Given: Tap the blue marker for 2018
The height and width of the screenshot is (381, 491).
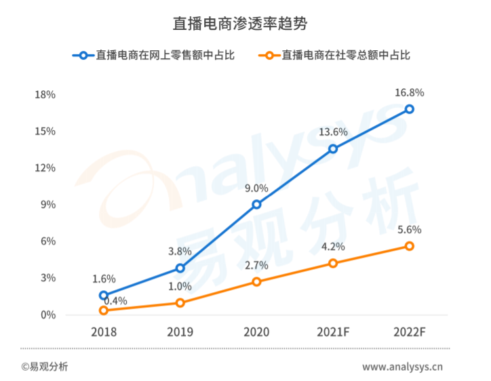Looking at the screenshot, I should click(104, 296).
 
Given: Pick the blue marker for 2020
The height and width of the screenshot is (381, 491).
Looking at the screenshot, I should click(256, 205).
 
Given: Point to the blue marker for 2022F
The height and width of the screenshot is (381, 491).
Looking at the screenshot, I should click(410, 109).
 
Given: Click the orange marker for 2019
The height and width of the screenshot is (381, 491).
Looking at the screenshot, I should click(180, 303).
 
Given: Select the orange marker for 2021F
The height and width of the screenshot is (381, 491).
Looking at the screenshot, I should click(333, 263).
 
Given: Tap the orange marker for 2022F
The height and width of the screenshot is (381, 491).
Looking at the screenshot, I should click(410, 246).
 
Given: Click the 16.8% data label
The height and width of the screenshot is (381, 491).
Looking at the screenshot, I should click(410, 92).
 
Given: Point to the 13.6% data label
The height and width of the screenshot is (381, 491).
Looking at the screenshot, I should click(333, 132).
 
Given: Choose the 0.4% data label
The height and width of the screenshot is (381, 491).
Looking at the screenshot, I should click(115, 300).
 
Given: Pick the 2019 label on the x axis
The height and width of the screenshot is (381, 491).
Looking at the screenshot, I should click(180, 332).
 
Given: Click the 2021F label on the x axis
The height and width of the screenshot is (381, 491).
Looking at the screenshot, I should click(333, 332).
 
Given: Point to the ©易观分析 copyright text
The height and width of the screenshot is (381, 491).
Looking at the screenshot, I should click(44, 367).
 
